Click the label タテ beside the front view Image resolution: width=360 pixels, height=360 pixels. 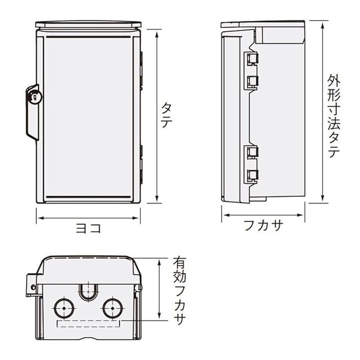[x=166, y=115]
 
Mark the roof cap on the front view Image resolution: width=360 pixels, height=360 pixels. [x=88, y=25]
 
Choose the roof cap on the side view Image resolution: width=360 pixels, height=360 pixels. [x=263, y=24]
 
